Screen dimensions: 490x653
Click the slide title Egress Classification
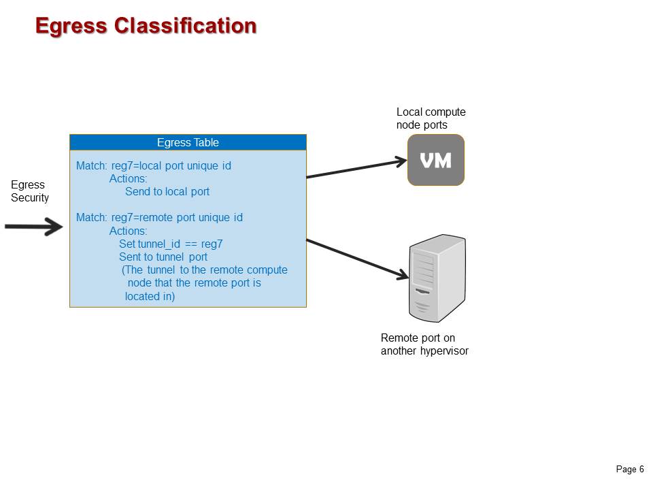[x=146, y=26]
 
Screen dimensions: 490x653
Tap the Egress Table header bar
[x=188, y=142]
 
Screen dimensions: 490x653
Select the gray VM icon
[x=435, y=160]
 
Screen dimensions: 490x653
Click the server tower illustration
[x=437, y=279]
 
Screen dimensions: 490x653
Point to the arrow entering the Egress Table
[x=34, y=227]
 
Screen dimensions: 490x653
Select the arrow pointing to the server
[x=357, y=258]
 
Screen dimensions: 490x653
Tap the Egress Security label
[x=30, y=191]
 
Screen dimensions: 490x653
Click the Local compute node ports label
[x=431, y=118]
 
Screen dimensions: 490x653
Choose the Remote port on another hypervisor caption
[x=424, y=344]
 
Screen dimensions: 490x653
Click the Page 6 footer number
[x=630, y=470]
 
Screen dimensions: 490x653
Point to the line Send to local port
[x=167, y=192]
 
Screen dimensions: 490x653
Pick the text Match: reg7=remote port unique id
[x=159, y=218]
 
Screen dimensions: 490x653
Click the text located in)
[x=150, y=296]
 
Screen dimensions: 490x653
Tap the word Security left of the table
[x=30, y=198]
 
